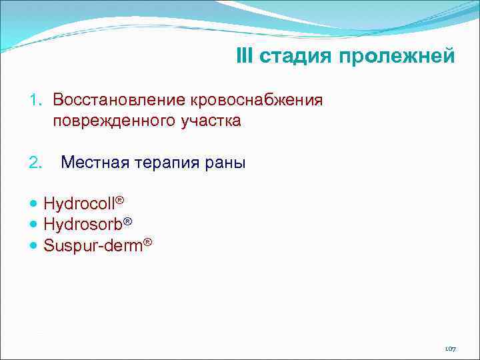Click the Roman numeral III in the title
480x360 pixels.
[x=245, y=56]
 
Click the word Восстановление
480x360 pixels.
[x=119, y=100]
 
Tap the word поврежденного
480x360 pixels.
[x=113, y=122]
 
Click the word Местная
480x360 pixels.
[x=94, y=163]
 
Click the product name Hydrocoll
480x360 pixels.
[x=79, y=204]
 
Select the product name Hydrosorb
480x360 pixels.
[x=81, y=225]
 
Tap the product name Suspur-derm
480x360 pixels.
[x=93, y=246]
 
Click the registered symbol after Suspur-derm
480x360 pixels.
[x=148, y=242]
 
